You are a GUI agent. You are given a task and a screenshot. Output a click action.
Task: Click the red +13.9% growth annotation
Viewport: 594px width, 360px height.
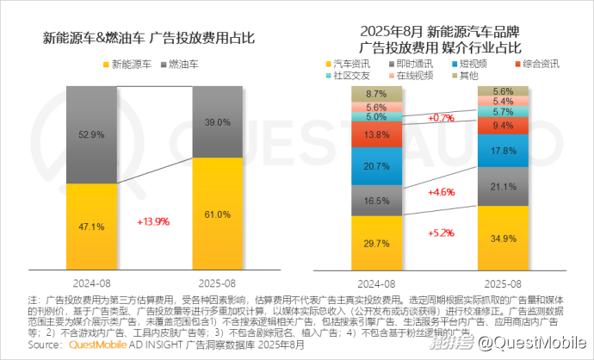153,221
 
